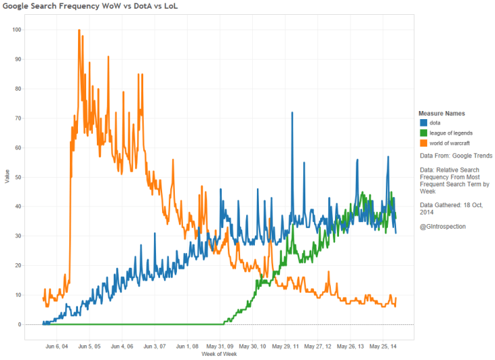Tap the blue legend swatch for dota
[x=423, y=123]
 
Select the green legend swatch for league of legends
[x=423, y=133]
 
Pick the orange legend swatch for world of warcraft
[x=423, y=143]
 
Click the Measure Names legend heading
[x=441, y=113]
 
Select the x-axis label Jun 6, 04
[x=56, y=347]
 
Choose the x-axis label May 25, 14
[x=383, y=347]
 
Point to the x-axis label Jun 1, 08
[x=187, y=347]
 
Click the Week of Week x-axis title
[x=220, y=354]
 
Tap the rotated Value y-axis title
[x=6, y=177]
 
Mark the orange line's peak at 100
[x=79, y=30]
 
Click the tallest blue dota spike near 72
[x=292, y=113]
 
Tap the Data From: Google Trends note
[x=456, y=155]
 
